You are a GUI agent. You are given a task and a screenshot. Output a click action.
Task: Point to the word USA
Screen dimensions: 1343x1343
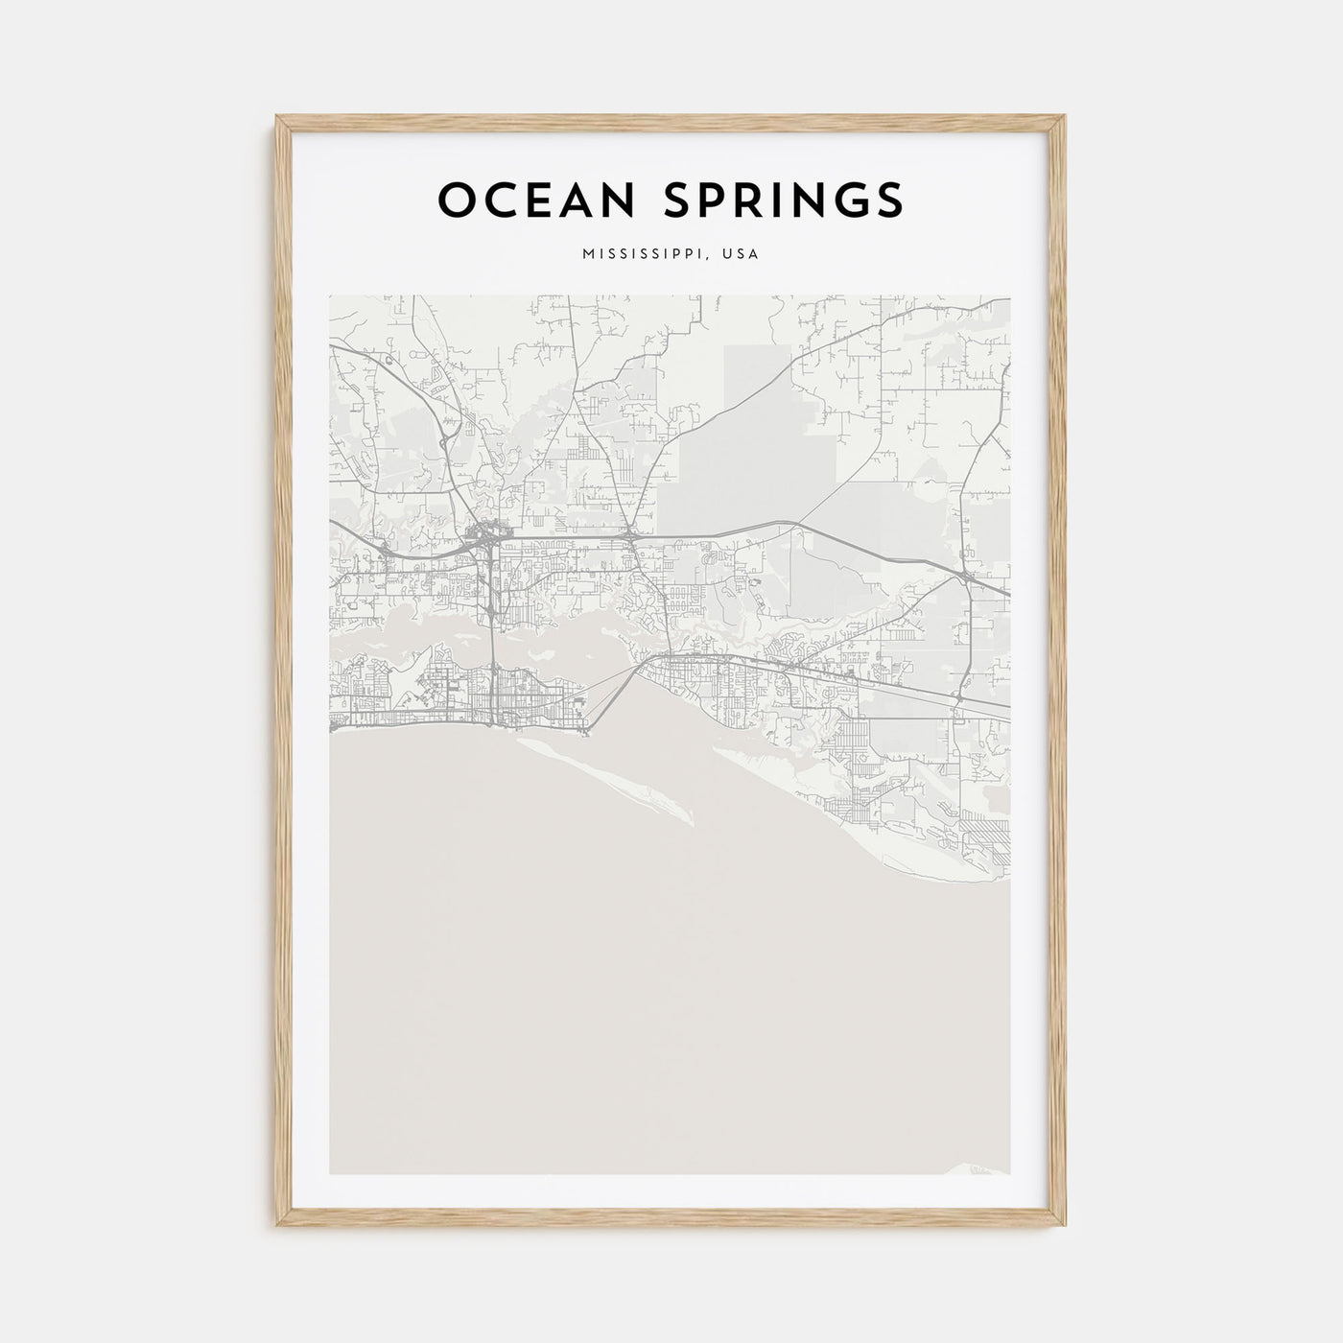point(741,254)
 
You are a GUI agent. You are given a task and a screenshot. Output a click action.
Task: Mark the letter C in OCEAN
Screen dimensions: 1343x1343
point(494,200)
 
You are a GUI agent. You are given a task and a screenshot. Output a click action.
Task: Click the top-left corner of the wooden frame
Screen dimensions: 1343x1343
point(277,117)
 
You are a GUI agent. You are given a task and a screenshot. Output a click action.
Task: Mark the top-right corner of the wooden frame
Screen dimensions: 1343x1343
point(1065,117)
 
